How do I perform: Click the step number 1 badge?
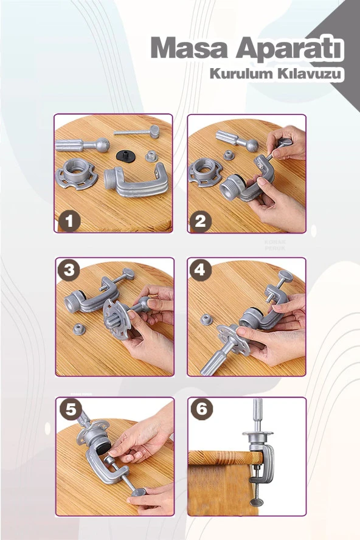click(69, 220)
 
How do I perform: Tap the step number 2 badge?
click(201, 220)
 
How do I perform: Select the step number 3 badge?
click(70, 271)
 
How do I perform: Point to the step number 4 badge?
click(201, 271)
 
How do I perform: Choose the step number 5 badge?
click(70, 410)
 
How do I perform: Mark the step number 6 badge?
click(201, 410)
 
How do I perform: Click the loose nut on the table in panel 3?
click(78, 330)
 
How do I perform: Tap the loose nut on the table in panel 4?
click(207, 319)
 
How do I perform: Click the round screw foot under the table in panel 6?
click(258, 502)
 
